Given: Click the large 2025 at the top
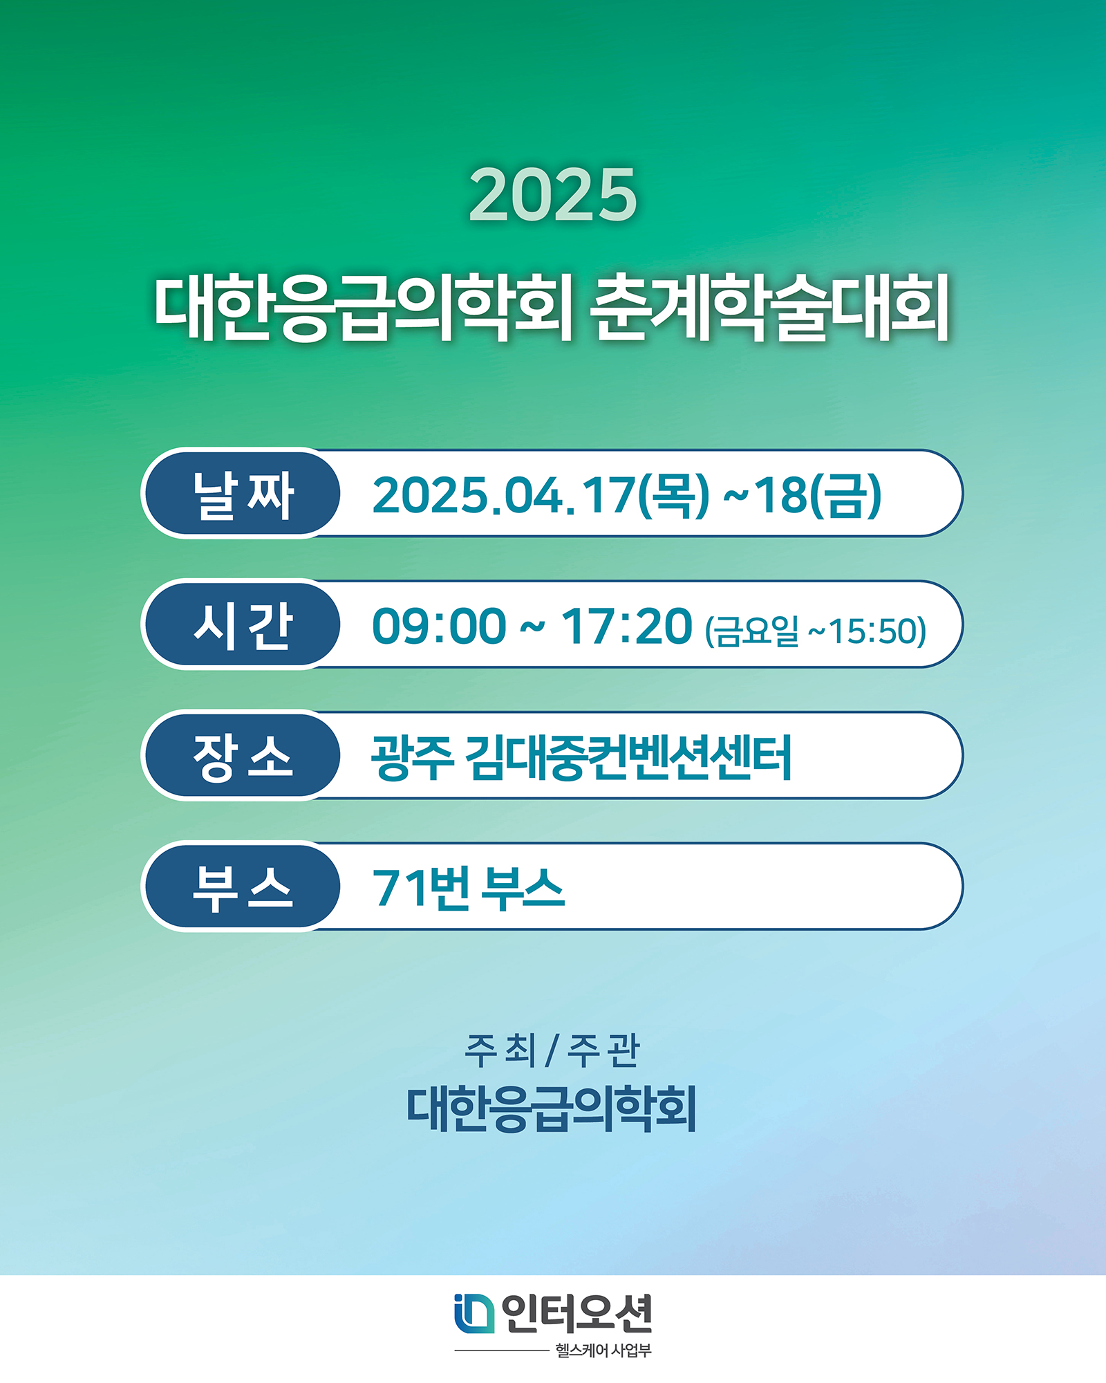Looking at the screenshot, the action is pos(552,195).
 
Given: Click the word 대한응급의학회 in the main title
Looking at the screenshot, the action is pos(364,308).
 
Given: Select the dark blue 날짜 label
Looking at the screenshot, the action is pos(242,494).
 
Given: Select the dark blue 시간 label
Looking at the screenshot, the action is pos(242,624).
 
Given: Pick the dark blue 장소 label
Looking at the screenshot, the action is pos(242,755).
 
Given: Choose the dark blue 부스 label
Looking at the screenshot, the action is pos(242,887).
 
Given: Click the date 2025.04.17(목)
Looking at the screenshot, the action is pos(541,495).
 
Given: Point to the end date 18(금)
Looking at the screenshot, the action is pos(817,495).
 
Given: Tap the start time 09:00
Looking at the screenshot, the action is pos(439,626).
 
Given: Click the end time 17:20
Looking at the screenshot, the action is pos(626,626).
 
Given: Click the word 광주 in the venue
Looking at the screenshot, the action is pos(412,757).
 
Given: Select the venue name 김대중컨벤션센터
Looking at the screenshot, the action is pos(628,757).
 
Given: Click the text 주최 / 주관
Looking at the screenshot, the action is pos(552,1051).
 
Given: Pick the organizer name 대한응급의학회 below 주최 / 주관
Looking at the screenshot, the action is pos(551,1108).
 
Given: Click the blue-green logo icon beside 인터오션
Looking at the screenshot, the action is pos(474,1313).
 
